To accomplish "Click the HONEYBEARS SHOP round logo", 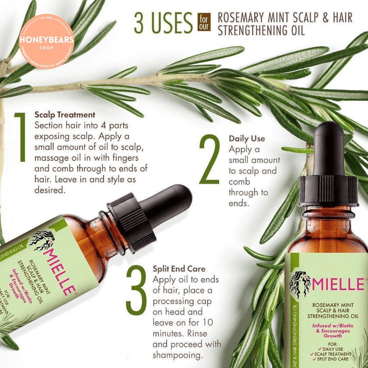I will click(46, 41).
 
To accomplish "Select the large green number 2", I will click(210, 160).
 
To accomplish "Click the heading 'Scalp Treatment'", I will click(65, 115).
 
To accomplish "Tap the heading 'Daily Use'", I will click(247, 138).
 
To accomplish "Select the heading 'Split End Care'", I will click(179, 268).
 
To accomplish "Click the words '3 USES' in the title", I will click(163, 23).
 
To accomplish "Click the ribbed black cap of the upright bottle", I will click(328, 190).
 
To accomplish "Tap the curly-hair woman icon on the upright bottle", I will click(300, 283).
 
